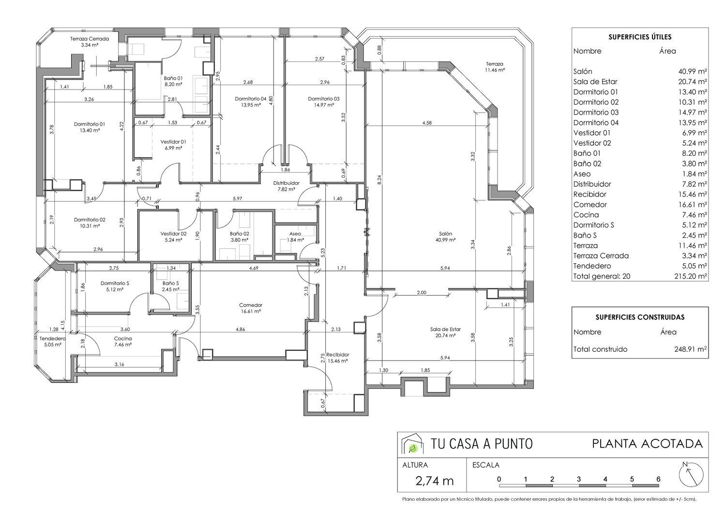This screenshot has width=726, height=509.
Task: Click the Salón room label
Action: (445, 234)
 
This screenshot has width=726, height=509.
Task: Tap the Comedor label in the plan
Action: (251, 305)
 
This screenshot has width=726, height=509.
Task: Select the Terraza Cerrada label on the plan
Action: (90, 39)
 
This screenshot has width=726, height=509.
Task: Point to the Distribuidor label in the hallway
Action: (286, 183)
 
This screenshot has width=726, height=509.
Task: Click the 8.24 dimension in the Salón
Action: (379, 180)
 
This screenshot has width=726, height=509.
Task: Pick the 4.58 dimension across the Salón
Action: (427, 123)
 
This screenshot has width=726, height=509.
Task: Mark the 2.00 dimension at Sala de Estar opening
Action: (422, 293)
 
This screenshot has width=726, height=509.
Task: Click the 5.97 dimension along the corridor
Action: (238, 198)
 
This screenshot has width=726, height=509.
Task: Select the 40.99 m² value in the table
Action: (693, 72)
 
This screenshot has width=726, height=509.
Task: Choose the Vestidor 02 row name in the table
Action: (592, 143)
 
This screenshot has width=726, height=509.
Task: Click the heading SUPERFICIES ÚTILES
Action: (640, 37)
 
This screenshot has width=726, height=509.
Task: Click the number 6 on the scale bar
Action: (658, 479)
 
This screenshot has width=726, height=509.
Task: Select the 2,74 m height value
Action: (434, 481)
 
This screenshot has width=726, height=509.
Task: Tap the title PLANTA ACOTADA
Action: (647, 444)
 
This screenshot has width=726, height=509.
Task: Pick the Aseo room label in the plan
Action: (295, 234)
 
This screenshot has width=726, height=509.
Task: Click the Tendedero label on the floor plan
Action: (52, 339)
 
